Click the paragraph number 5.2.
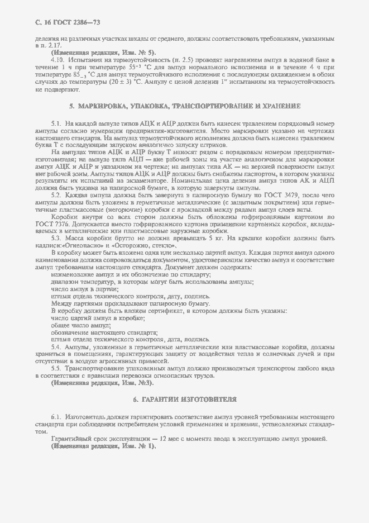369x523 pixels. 56,195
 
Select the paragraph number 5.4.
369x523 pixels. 56,347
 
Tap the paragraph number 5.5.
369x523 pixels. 56,369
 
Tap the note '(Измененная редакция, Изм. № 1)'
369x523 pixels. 103,446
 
